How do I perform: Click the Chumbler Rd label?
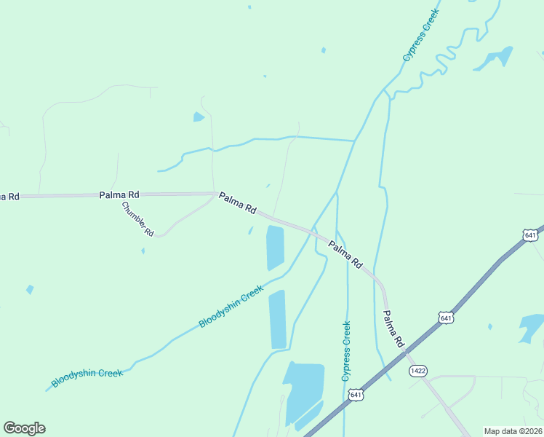tap(137, 219)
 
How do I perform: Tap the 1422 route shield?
tap(417, 371)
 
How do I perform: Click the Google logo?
tap(24, 428)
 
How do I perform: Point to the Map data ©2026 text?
tap(513, 431)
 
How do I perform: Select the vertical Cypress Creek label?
tap(346, 351)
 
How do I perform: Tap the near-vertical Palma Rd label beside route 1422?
tap(393, 328)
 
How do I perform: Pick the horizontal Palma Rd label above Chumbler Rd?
tap(119, 195)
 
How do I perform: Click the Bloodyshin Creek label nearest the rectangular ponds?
tap(231, 307)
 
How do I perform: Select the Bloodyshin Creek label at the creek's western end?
tap(87, 377)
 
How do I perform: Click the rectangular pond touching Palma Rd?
tap(275, 247)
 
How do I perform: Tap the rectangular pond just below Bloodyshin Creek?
tap(277, 319)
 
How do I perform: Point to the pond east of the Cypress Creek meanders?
tap(495, 59)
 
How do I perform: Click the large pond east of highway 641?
tap(533, 328)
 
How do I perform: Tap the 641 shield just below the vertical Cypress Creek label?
tap(355, 395)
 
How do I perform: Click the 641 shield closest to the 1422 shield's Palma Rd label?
tap(446, 318)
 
